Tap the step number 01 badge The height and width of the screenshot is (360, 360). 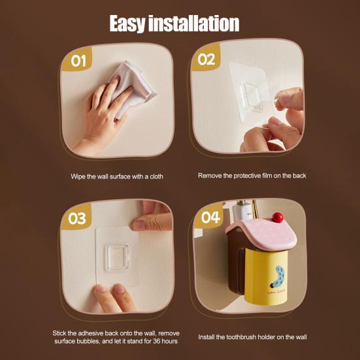(78, 62)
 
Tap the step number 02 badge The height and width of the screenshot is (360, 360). (206, 59)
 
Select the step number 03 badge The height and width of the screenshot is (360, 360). (77, 218)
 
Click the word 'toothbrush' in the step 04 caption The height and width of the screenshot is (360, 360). (248, 337)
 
